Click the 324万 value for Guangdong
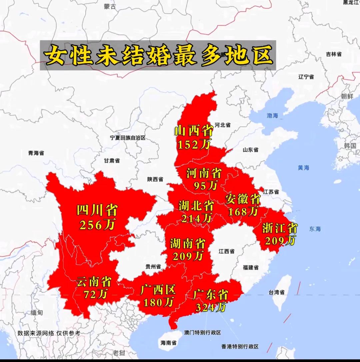[x=211, y=307]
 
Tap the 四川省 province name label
[x=97, y=210]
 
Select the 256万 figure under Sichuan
[x=97, y=225]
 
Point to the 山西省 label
[x=194, y=131]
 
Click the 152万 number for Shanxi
[x=194, y=144]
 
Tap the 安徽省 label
[x=243, y=199]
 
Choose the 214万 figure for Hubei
[x=196, y=218]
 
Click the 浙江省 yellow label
[x=280, y=228]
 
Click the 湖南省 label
[x=188, y=243]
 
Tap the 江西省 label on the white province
[x=226, y=251]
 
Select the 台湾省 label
[x=276, y=292]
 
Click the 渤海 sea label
[x=272, y=116]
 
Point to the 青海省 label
[x=36, y=153]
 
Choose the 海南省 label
[x=169, y=342]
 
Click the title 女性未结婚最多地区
[x=158, y=56]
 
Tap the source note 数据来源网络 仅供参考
[x=49, y=333]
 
